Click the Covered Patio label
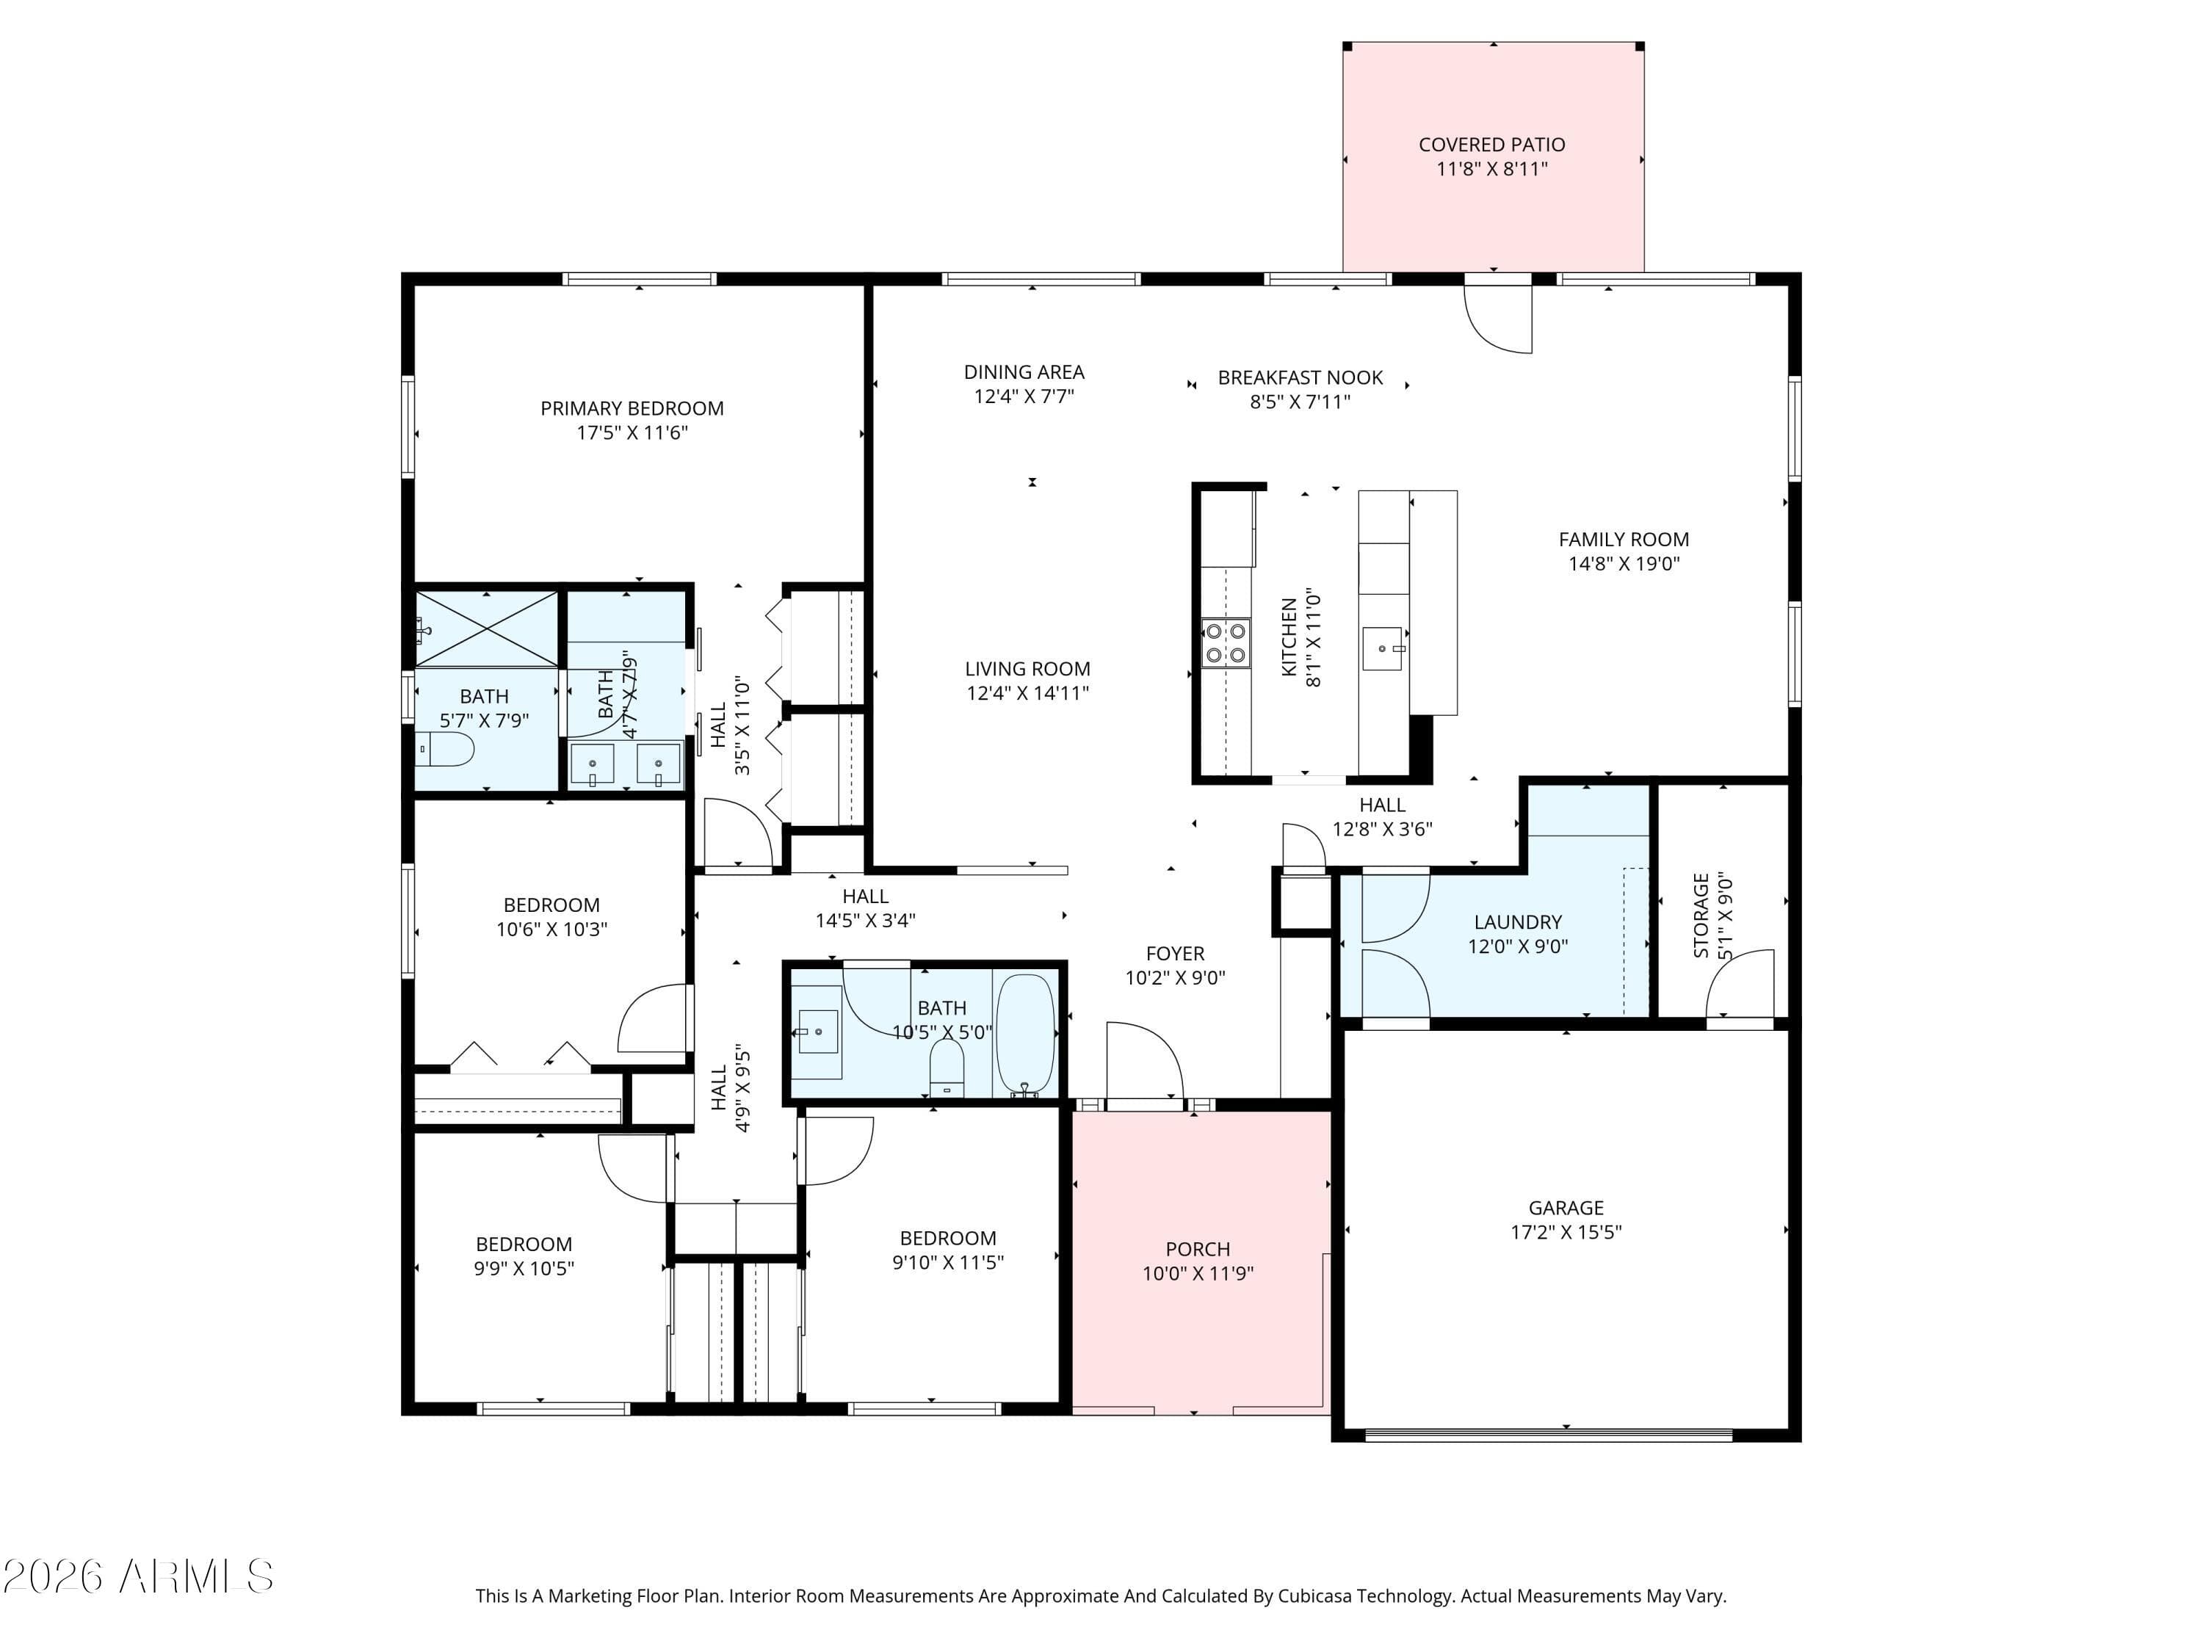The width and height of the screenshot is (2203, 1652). pyautogui.click(x=1491, y=145)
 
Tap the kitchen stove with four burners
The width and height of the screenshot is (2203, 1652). pyautogui.click(x=1225, y=642)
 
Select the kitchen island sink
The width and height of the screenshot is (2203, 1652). pyautogui.click(x=1382, y=648)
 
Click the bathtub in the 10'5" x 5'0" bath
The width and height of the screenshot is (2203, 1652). pyautogui.click(x=1025, y=1035)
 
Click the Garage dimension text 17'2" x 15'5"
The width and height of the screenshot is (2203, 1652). pyautogui.click(x=1566, y=1232)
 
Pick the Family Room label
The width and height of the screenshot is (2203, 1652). pyautogui.click(x=1624, y=540)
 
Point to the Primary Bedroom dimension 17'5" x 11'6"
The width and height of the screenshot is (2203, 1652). pyautogui.click(x=632, y=432)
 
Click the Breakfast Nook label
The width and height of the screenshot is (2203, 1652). pyautogui.click(x=1300, y=378)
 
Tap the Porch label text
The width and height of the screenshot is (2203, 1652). pyautogui.click(x=1197, y=1249)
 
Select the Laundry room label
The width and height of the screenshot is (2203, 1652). pyautogui.click(x=1517, y=922)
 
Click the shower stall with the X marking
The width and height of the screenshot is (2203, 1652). pyautogui.click(x=486, y=628)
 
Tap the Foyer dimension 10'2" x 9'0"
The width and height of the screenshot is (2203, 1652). pyautogui.click(x=1174, y=978)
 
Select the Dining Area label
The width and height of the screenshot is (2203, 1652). pyautogui.click(x=1023, y=372)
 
